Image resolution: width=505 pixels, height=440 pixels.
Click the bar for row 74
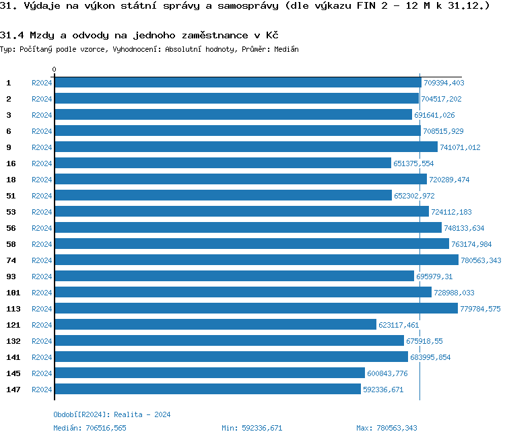click(x=256, y=260)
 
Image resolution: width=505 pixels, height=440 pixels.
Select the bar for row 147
click(x=207, y=390)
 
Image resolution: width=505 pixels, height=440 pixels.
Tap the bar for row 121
click(x=215, y=325)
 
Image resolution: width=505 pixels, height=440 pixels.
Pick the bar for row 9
click(x=246, y=147)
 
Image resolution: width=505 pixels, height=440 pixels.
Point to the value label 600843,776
click(x=387, y=373)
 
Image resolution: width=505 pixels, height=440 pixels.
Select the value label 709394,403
click(x=444, y=83)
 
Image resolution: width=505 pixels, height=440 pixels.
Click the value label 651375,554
click(x=413, y=163)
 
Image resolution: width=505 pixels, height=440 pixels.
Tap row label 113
click(x=13, y=309)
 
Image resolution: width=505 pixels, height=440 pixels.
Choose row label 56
click(x=11, y=228)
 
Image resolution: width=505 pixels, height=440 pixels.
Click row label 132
click(x=13, y=341)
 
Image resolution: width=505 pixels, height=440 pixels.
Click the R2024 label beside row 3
click(x=42, y=115)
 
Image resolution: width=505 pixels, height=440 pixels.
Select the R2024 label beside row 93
click(x=42, y=277)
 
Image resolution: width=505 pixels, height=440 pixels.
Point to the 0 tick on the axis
click(x=55, y=69)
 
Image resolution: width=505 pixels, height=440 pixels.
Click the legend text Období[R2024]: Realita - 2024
click(x=112, y=414)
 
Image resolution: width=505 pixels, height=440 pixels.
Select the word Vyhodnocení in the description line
click(x=133, y=49)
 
